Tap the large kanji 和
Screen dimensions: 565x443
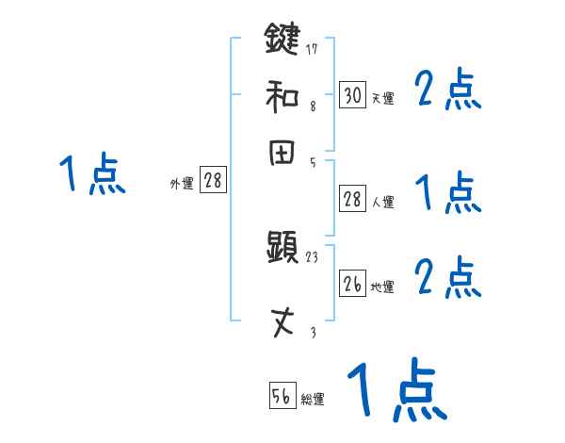(282, 95)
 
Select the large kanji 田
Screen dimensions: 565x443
(282, 153)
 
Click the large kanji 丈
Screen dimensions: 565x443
(282, 323)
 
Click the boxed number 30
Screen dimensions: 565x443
(352, 95)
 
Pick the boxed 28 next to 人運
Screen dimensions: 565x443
(352, 199)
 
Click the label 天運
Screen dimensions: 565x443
(382, 98)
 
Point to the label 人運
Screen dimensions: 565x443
(382, 202)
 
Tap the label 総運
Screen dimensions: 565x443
(313, 400)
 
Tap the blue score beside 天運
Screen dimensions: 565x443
(448, 91)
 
